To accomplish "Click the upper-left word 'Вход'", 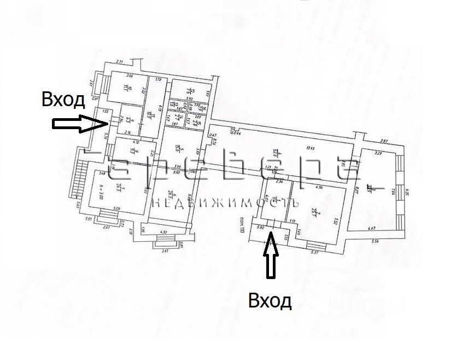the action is (x=63, y=100).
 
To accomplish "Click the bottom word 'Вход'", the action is (x=270, y=300).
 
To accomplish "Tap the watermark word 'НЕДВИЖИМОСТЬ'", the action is (x=225, y=203).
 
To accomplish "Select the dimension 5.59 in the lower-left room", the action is (x=117, y=208).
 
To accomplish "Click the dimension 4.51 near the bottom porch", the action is (x=163, y=233).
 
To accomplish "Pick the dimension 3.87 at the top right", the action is (x=384, y=142).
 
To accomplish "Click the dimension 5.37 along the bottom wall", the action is (x=315, y=252).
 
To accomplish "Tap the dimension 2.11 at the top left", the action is (x=120, y=62).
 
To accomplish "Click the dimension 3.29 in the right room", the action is (x=377, y=155).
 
